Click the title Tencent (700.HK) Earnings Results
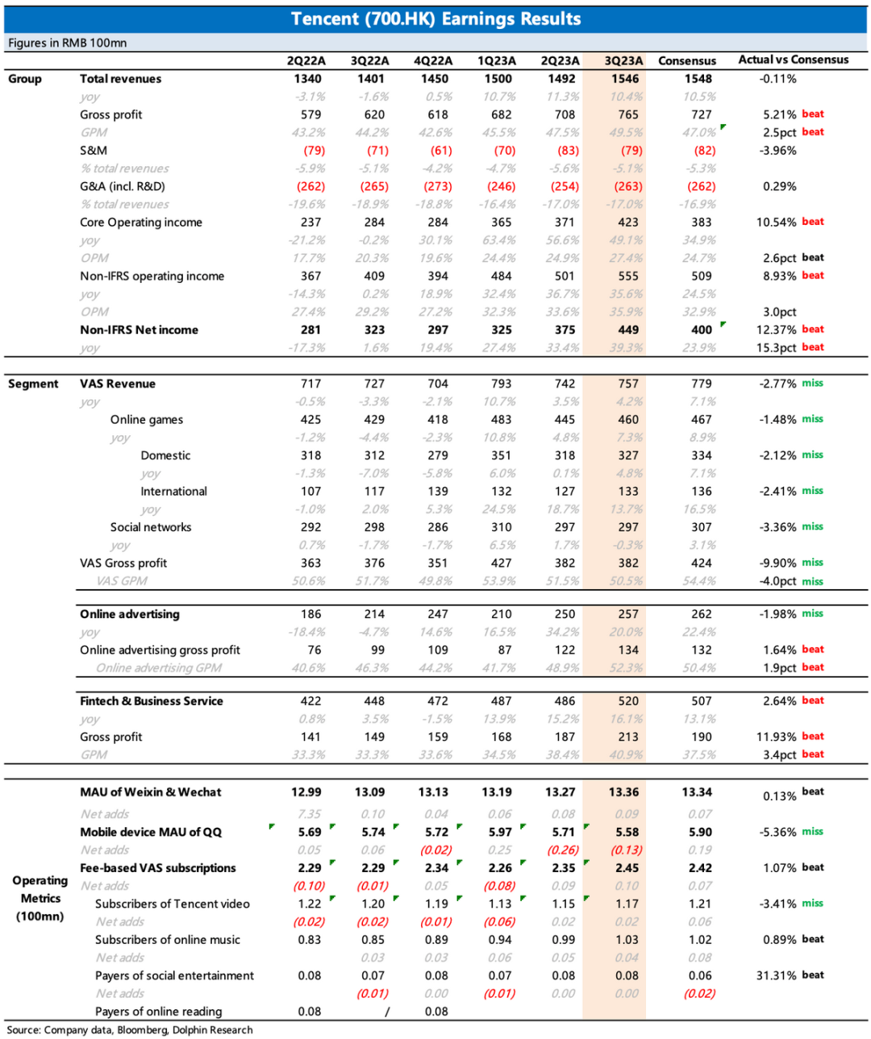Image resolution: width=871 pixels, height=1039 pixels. click(435, 19)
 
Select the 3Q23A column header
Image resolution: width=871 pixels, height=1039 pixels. click(623, 60)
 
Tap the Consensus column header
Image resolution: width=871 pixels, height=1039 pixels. click(686, 60)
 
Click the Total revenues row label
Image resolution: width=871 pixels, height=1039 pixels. click(120, 79)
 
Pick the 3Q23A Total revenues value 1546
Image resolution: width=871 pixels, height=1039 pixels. click(625, 79)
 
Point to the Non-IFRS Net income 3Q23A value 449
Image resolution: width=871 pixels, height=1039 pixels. click(628, 330)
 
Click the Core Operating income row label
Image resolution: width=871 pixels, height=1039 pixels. click(140, 222)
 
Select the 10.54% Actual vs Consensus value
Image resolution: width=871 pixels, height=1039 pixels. click(776, 222)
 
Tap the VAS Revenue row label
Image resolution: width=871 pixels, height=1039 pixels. click(117, 384)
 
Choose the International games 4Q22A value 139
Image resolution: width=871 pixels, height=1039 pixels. click(438, 492)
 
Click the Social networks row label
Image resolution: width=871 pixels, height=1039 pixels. click(151, 527)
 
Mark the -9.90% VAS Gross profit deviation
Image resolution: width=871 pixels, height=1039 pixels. click(777, 563)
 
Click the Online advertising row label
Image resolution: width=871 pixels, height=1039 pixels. click(129, 614)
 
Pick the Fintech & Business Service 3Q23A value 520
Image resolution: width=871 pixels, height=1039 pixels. click(628, 701)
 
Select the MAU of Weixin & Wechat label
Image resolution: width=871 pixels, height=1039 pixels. click(150, 792)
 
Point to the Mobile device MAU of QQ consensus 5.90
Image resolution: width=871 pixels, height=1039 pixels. click(700, 833)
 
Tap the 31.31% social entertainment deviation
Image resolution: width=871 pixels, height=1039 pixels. click(777, 976)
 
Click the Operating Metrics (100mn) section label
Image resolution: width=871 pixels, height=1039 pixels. click(40, 898)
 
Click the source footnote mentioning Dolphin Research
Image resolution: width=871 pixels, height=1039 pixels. click(130, 1030)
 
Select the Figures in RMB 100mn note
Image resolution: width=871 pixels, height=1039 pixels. click(67, 43)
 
